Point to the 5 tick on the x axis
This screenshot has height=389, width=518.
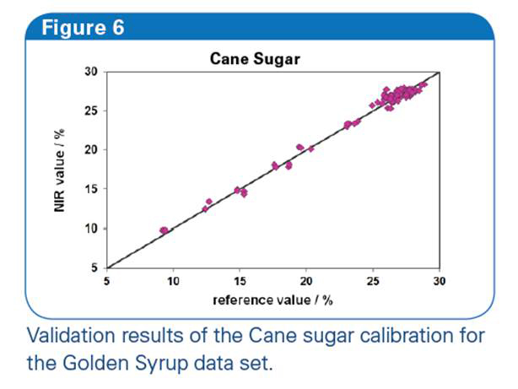(106, 281)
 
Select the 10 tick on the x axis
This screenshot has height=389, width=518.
(173, 281)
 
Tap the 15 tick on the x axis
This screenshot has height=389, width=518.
(240, 281)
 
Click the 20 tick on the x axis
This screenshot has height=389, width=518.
(306, 281)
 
